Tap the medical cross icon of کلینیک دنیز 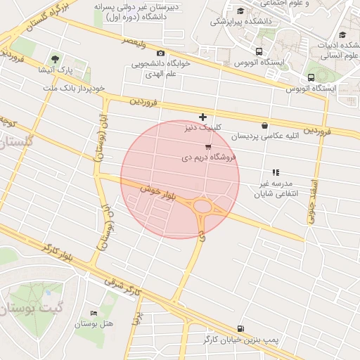click(x=202, y=117)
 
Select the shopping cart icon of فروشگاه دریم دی click(x=208, y=147)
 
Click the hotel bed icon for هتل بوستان click(x=94, y=313)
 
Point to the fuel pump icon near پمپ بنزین click(x=241, y=328)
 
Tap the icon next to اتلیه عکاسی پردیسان click(x=264, y=125)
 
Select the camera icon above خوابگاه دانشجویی click(x=161, y=53)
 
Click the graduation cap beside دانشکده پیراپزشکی click(x=241, y=11)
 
